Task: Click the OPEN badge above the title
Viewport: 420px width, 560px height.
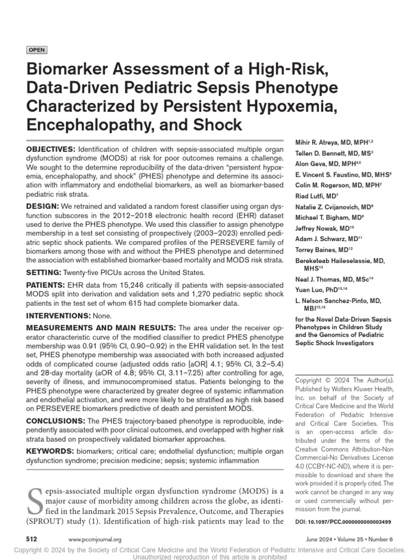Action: click(x=37, y=50)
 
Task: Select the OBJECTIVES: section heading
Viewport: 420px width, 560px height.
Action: click(x=51, y=149)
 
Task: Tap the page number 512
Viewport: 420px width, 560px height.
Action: click(x=32, y=539)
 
